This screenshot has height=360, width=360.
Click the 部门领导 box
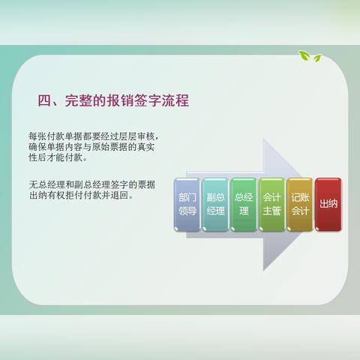[x=187, y=205]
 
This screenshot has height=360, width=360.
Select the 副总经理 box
[x=215, y=205]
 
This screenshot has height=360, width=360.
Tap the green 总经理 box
[x=243, y=205]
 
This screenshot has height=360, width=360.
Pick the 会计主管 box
[x=271, y=205]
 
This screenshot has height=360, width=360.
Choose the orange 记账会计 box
[x=299, y=205]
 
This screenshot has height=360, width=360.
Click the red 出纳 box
[x=328, y=205]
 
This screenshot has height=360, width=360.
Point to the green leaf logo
[x=308, y=55]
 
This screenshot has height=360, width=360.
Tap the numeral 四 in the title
[x=44, y=100]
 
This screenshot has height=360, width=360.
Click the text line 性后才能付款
[x=58, y=158]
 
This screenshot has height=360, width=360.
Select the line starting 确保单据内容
[x=94, y=148]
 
